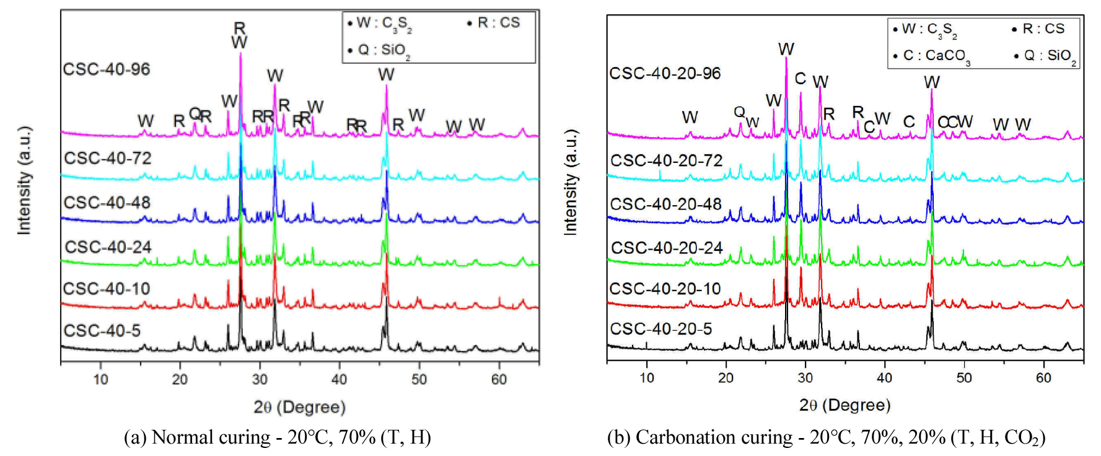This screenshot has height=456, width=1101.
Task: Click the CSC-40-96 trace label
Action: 106,69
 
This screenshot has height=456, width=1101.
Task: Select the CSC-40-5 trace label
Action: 102,331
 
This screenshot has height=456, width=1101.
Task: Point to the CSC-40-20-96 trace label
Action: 665,74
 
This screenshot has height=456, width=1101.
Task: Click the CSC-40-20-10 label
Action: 665,289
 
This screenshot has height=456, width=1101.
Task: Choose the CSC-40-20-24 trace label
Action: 667,248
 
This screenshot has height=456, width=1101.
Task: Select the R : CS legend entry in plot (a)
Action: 494,24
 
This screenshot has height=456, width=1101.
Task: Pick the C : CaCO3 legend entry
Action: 932,56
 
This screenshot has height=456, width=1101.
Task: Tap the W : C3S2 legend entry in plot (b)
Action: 925,30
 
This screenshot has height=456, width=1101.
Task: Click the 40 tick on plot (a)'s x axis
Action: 339,379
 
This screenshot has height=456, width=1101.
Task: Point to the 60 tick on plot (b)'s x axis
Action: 1043,377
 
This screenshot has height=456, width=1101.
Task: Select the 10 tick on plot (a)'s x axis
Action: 100,379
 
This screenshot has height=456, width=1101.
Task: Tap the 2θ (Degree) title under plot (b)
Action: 844,405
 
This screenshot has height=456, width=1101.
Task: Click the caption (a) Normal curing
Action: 277,437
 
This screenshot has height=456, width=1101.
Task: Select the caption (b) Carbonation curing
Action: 826,437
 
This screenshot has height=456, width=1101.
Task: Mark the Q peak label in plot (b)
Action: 739,112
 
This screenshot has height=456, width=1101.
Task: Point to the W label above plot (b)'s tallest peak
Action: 786,49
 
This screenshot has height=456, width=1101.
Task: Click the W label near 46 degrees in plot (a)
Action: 386,75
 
